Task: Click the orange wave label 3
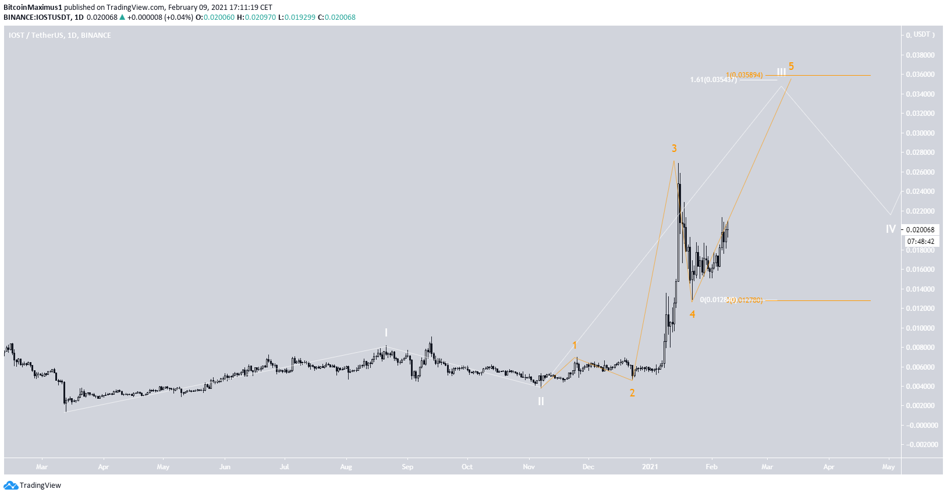674,148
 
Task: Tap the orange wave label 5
791,66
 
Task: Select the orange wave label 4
692,314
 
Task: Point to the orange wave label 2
632,393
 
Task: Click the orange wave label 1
574,345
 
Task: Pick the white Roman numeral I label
386,333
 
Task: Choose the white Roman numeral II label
541,401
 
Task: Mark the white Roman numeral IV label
891,229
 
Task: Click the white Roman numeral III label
781,72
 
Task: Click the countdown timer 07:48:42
920,242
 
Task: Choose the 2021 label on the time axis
650,467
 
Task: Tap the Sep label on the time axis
407,467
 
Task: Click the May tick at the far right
888,467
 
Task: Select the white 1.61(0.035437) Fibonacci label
713,80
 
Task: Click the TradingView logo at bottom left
33,486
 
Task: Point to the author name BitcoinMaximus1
33,8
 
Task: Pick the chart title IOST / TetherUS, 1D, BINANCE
59,36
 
